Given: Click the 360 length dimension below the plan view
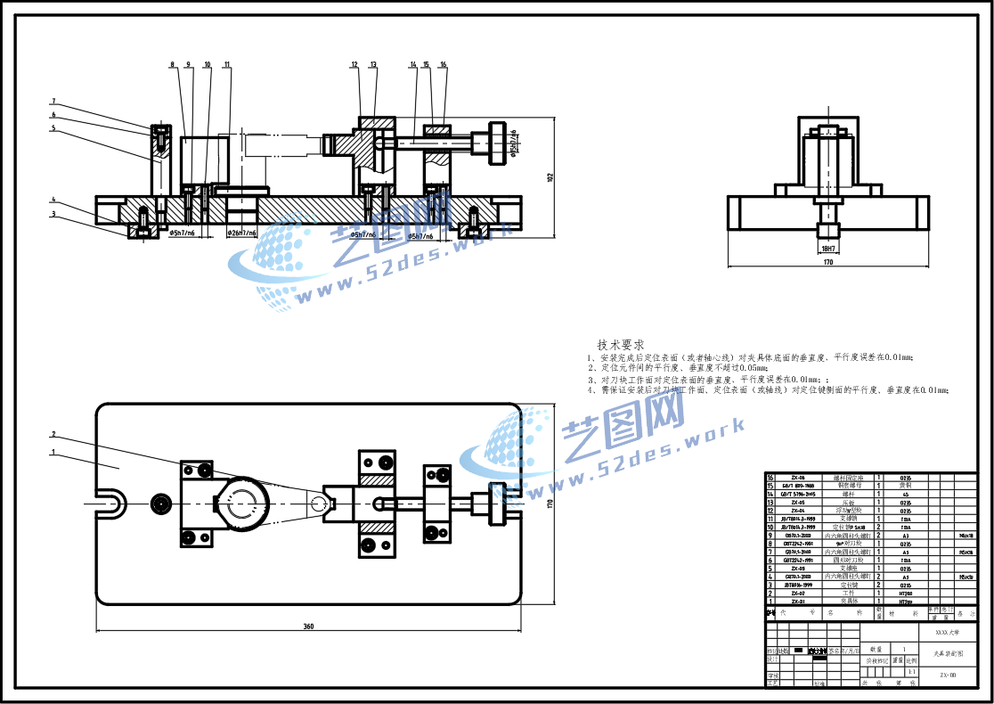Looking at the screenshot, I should pyautogui.click(x=308, y=626).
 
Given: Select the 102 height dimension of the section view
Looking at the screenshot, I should pyautogui.click(x=550, y=178).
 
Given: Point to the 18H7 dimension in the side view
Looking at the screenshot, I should pyautogui.click(x=827, y=249).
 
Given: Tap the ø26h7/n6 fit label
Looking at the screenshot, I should pyautogui.click(x=241, y=233).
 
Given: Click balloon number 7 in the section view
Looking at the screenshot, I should pyautogui.click(x=53, y=101).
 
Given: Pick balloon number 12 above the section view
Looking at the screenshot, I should pyautogui.click(x=354, y=64).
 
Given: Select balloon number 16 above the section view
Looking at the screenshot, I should pyautogui.click(x=443, y=64).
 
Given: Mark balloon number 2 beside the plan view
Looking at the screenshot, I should pyautogui.click(x=53, y=434).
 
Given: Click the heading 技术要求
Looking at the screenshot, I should pyautogui.click(x=621, y=345).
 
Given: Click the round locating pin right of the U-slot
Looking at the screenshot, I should pyautogui.click(x=161, y=503).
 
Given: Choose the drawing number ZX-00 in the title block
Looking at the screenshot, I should pyautogui.click(x=948, y=675).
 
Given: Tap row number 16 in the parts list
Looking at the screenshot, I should pyautogui.click(x=770, y=478).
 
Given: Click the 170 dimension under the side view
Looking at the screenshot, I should pyautogui.click(x=827, y=264).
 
